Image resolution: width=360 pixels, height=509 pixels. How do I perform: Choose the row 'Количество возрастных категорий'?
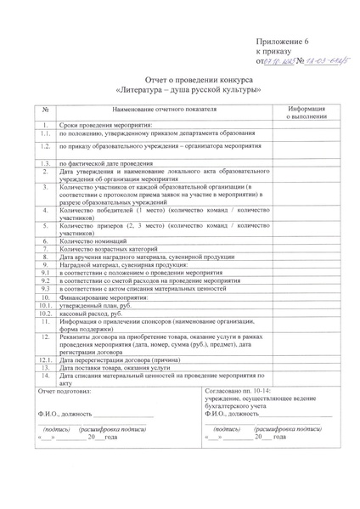[x=110, y=249]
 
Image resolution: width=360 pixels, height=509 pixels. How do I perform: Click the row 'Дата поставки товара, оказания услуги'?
[x=115, y=367]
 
